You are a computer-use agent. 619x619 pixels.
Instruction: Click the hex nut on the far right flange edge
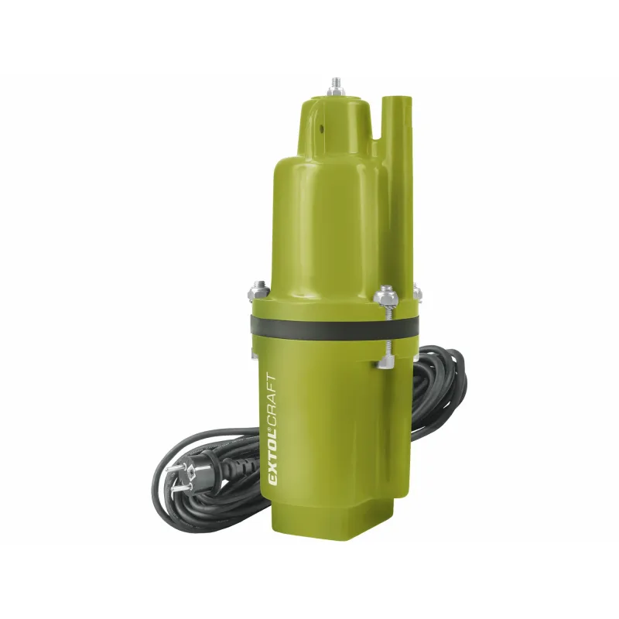(x=418, y=292)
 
